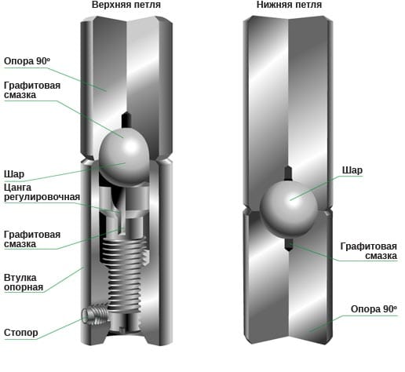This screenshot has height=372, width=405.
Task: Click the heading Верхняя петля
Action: click(126, 5)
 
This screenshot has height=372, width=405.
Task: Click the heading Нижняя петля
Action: click(289, 5)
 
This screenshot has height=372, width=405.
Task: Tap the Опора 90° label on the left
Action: click(27, 61)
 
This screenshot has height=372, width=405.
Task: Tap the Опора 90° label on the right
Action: click(374, 309)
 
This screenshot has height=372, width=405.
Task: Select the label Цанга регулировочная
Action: click(42, 192)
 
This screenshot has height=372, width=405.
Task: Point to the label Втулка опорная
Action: click(24, 283)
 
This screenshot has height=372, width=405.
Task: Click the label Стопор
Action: click(21, 333)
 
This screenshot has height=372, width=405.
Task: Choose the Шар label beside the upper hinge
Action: click(14, 174)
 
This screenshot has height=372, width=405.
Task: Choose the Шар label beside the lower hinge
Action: click(352, 170)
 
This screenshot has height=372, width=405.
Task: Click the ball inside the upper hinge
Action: click(125, 158)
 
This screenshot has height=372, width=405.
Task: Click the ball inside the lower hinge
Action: click(289, 209)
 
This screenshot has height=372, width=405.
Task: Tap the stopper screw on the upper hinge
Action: click(95, 313)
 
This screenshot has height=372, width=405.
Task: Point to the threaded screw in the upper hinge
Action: click(124, 272)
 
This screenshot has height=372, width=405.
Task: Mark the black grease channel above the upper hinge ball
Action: click(126, 120)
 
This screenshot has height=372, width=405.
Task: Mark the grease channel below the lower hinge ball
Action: click(288, 244)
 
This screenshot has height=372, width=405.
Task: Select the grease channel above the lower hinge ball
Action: click(288, 173)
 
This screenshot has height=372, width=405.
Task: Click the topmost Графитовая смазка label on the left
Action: click(32, 90)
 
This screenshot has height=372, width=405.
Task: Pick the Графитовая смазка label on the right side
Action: click(369, 251)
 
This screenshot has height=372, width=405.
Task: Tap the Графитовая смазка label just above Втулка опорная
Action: click(32, 239)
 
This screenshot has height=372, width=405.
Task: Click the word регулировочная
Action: click(42, 197)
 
